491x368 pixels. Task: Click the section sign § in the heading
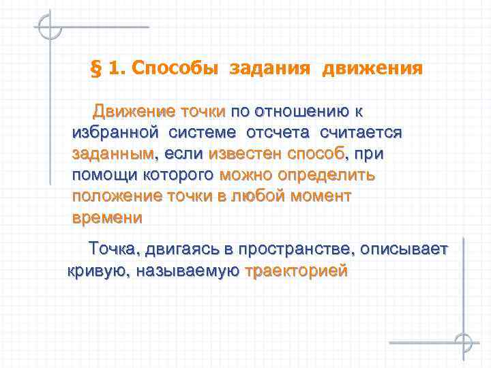(x=96, y=69)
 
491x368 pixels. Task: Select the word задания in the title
(x=269, y=69)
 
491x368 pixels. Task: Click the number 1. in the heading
(x=117, y=69)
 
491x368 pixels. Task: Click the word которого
(x=178, y=175)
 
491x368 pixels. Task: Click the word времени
(x=107, y=218)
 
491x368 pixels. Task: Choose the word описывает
(x=405, y=249)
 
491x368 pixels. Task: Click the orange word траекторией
(x=297, y=271)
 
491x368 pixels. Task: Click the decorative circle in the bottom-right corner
(x=464, y=341)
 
